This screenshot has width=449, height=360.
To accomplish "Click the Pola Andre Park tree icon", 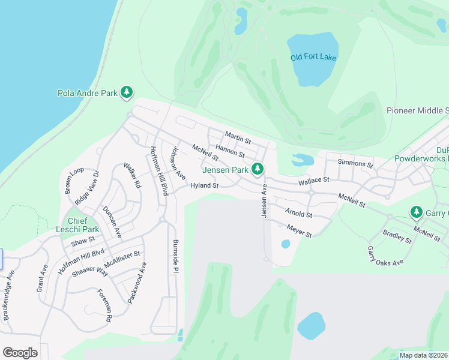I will [126, 92].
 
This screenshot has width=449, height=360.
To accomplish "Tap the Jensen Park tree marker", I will [258, 169].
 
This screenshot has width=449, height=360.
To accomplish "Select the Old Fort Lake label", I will [313, 58].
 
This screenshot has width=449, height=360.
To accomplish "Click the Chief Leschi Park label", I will [83, 225].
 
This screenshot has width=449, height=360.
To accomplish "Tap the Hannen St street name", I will [230, 151].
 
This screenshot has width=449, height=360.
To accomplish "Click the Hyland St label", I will [204, 186].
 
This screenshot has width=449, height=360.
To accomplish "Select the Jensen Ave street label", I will [263, 202].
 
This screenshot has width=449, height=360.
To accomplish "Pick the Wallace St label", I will [314, 180].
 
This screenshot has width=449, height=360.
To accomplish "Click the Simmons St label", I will [355, 163].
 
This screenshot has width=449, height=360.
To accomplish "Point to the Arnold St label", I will [299, 214].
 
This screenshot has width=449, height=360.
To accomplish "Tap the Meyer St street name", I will [299, 232].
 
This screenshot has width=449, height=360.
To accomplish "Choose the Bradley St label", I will [397, 237].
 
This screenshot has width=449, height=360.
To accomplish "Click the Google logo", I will [20, 352].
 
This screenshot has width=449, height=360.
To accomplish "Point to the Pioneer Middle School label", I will [417, 110].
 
